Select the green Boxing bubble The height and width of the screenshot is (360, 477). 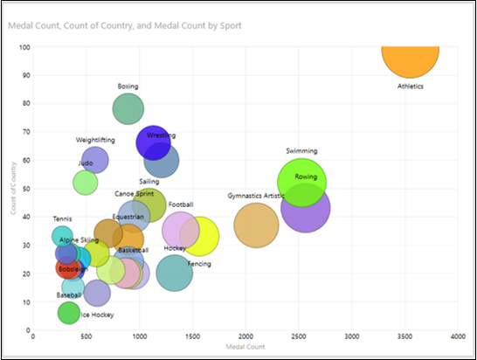pos(128,108)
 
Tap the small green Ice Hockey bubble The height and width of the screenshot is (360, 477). pos(69,312)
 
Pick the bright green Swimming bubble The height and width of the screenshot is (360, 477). pos(302,182)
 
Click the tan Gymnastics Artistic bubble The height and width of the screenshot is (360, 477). pos(256,225)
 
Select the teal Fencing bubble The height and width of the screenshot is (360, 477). pos(175,273)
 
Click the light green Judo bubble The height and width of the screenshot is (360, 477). pos(85,182)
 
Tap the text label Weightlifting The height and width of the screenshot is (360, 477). pos(93,140)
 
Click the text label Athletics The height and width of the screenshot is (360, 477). pos(410,87)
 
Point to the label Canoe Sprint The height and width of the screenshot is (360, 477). pos(134,194)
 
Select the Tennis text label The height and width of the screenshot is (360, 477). pos(62,219)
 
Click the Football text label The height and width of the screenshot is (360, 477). pos(181,204)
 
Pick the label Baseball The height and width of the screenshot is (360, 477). pos(68,295)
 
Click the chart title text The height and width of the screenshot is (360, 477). pos(125,25)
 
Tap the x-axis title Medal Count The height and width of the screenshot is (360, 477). pos(245,348)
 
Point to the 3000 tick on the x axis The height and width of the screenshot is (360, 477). pos(352,336)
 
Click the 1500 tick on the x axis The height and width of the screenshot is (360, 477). pos(192,336)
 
